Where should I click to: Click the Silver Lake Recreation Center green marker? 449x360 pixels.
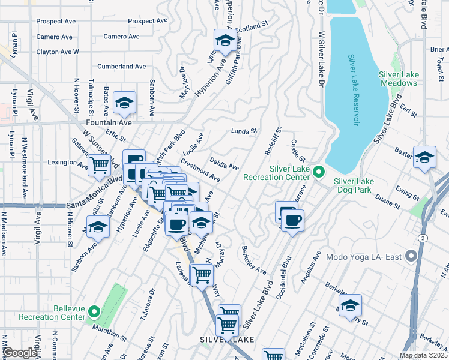coord(319,173)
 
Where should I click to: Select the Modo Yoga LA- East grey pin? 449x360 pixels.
coord(411,257)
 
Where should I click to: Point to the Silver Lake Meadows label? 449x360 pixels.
coord(399,79)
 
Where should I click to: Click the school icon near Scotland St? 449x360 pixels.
coord(224,41)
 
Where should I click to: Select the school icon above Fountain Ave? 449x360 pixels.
coord(124,104)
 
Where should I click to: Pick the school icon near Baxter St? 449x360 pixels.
coord(424,158)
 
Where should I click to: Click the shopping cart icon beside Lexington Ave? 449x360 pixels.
coord(99,164)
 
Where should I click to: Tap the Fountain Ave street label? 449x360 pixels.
coord(109,122)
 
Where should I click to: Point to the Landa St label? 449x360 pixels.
coord(244,131)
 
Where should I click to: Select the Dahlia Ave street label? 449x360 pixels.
coord(224,163)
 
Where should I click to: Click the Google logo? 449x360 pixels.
coord(20,353)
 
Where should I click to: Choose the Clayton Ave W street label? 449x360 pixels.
coord(58,52)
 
